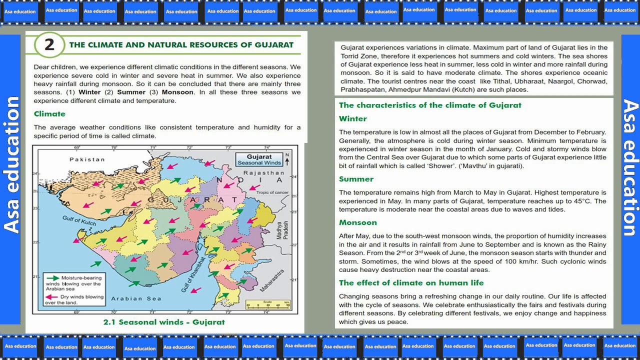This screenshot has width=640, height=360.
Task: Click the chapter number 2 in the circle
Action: pyautogui.click(x=49, y=45)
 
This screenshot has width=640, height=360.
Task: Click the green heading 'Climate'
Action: pyautogui.click(x=49, y=114)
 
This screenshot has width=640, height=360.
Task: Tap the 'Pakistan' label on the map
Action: pyautogui.click(x=87, y=159)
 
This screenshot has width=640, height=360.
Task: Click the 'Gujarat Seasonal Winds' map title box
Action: pyautogui.click(x=259, y=159)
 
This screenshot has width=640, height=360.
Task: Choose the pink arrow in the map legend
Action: pyautogui.click(x=51, y=296)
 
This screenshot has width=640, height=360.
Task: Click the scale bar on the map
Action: pyautogui.click(x=268, y=305)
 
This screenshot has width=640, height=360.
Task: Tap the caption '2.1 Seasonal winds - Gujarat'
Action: pyautogui.click(x=164, y=322)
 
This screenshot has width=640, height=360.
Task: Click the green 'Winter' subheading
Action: pyautogui.click(x=352, y=119)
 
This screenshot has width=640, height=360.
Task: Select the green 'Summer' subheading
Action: pyautogui.click(x=356, y=179)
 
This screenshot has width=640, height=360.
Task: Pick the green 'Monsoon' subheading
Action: pyautogui.click(x=357, y=222)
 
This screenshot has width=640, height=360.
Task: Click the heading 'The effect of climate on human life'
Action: pyautogui.click(x=411, y=283)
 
